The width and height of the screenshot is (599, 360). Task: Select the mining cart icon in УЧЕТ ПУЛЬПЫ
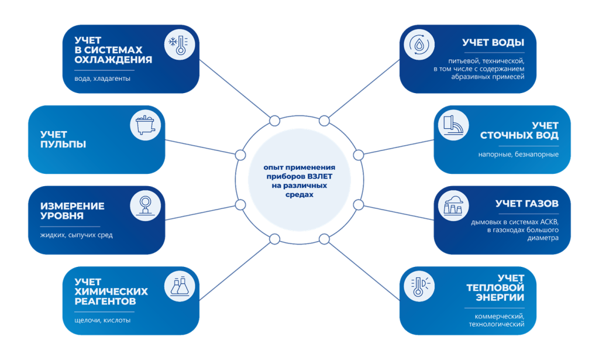click(x=144, y=126)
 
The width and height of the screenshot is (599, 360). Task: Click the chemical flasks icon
click(x=178, y=286)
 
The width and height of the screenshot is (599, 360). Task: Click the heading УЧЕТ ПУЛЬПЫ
click(x=63, y=139)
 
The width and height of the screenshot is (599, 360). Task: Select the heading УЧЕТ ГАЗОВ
click(x=526, y=204)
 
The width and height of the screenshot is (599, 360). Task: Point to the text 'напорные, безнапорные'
click(x=518, y=155)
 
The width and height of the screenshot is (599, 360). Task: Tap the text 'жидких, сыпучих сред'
click(x=77, y=235)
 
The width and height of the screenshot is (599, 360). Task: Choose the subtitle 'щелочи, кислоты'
click(x=102, y=320)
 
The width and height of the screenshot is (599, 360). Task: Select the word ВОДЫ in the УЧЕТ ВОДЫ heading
click(x=507, y=43)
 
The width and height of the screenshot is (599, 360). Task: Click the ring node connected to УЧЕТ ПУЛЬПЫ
click(x=240, y=155)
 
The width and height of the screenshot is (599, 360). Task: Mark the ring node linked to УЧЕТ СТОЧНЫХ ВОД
click(x=359, y=155)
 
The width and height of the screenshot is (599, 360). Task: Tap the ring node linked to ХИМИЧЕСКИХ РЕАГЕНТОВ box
click(x=274, y=238)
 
